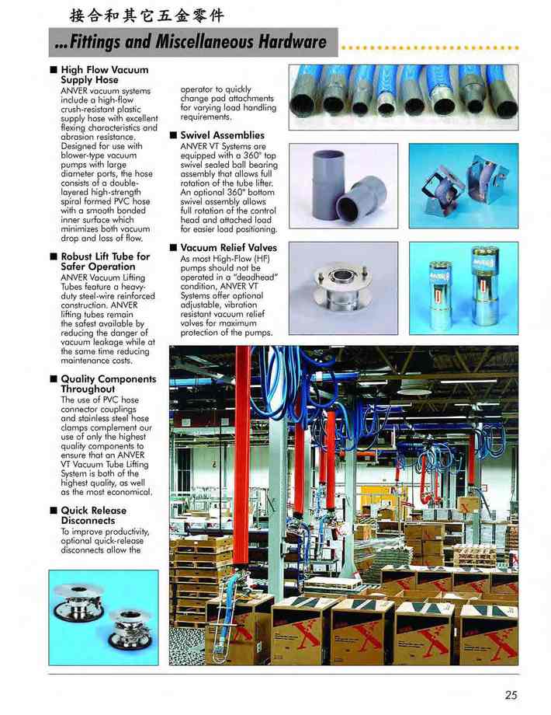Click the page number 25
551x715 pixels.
point(510,694)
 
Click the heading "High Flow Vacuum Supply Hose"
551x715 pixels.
point(104,75)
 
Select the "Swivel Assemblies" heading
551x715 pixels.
point(222,135)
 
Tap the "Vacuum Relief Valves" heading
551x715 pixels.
point(228,248)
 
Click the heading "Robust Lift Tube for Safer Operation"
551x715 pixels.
point(105,261)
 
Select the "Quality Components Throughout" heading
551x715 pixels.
point(108,384)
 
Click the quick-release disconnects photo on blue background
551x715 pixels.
point(102,616)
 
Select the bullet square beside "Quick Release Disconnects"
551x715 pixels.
point(53,511)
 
